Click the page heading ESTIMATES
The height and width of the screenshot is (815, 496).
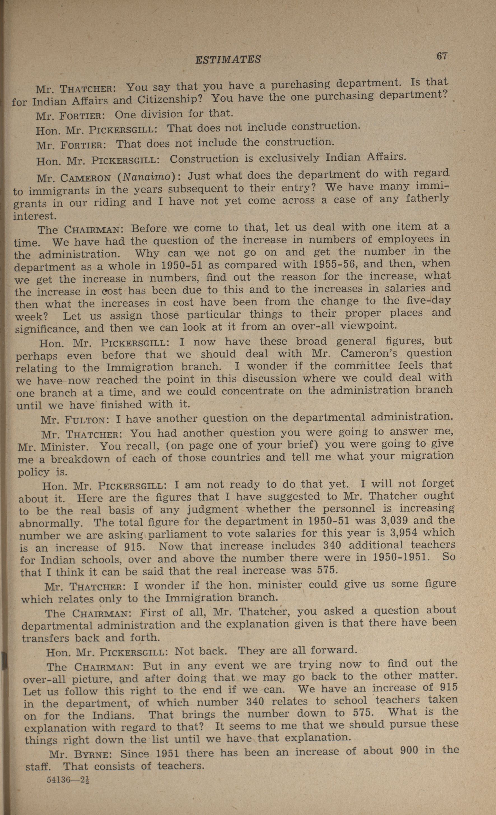pyautogui.click(x=228, y=59)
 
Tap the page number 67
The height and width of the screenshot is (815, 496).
pyautogui.click(x=442, y=56)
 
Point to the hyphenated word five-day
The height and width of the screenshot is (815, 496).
pyautogui.click(x=429, y=301)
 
